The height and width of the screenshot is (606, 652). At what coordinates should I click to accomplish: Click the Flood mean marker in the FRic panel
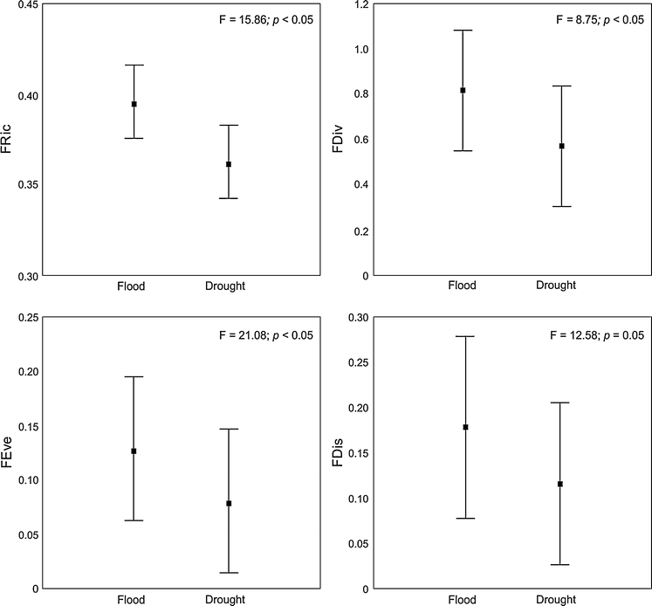coord(134,104)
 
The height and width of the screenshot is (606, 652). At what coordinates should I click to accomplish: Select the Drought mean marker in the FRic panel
coord(229,164)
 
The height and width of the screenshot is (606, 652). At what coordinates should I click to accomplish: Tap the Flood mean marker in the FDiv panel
coord(463,90)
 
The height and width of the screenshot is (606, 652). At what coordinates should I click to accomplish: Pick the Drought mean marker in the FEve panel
coord(229,503)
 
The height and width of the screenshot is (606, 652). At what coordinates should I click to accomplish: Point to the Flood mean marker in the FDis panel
coord(465,427)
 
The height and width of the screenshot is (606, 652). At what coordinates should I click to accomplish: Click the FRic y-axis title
coord(9,140)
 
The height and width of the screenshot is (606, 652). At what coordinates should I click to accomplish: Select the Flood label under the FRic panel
coord(132,286)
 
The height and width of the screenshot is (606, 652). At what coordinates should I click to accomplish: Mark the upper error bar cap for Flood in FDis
coord(465,336)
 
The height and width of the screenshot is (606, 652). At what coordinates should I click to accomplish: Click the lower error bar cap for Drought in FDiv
coord(560,206)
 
